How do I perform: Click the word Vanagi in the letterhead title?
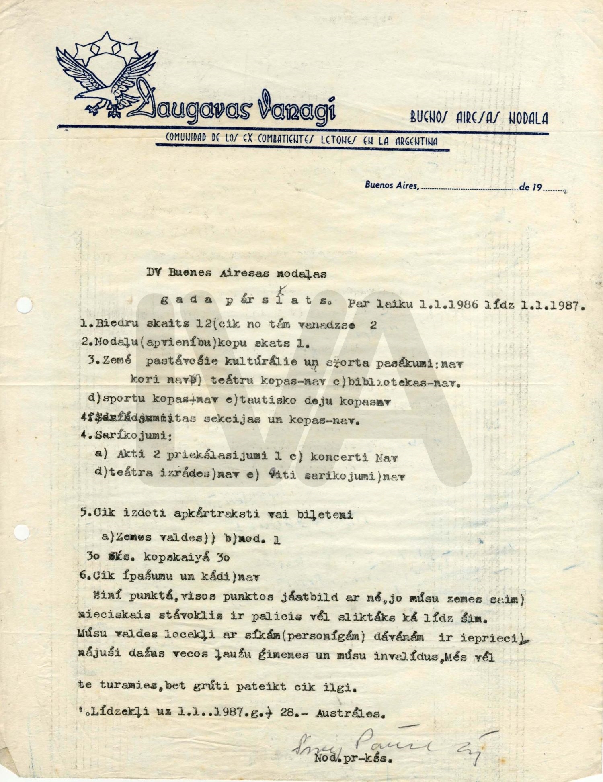point(297,108)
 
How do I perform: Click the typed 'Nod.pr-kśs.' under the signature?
point(353,759)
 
